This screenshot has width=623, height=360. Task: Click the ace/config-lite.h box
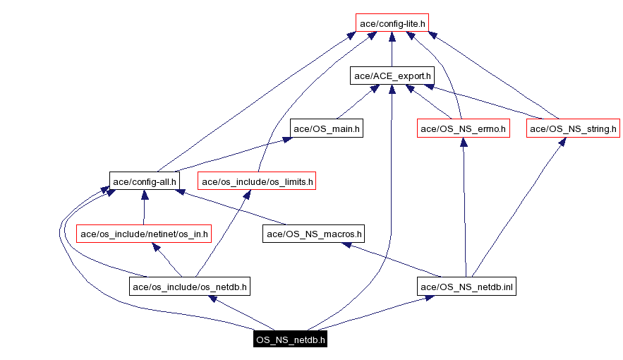(392, 23)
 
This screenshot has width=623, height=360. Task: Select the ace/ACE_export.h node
(392, 76)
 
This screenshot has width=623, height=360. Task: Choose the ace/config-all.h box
(144, 181)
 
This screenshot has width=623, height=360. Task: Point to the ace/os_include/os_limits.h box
(257, 181)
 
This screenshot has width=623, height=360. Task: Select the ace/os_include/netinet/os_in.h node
(144, 233)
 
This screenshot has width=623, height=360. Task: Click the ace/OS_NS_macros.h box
(313, 233)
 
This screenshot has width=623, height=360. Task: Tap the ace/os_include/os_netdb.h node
(190, 286)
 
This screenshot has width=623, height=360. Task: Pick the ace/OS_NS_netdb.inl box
(466, 286)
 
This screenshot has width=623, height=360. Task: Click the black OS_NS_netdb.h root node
(291, 340)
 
